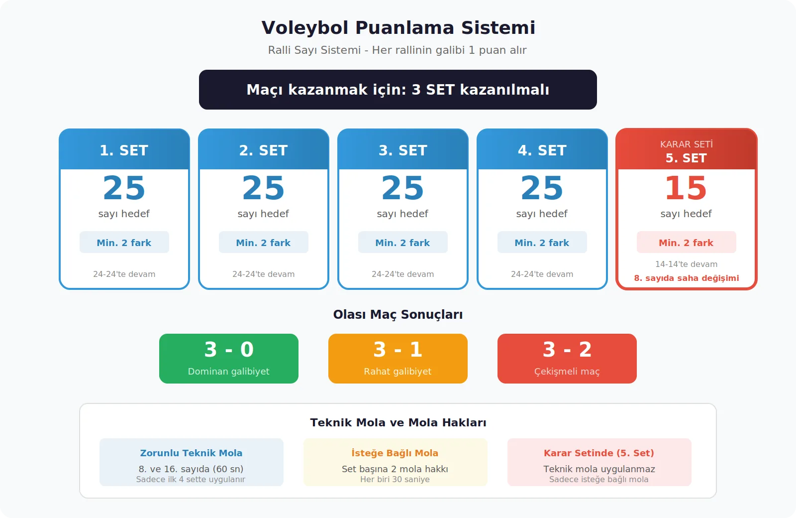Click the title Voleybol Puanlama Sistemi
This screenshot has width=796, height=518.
pos(398,28)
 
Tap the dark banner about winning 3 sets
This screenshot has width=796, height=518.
pos(398,90)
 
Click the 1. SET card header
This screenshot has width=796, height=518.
pos(124,150)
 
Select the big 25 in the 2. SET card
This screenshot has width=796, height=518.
pos(263,188)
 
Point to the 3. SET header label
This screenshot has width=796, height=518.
pos(403,150)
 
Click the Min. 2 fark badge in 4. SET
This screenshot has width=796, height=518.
pos(542,243)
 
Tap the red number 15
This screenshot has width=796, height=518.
pos(686,188)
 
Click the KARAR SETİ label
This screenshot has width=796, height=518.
pos(686,144)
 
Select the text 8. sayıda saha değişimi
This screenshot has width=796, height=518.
pos(686,278)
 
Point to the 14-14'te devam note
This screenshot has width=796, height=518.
pos(686,264)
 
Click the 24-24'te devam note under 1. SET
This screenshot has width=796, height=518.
pos(124,274)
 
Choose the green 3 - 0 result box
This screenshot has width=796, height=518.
pos(229,359)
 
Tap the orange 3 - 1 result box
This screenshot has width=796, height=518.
pos(398,359)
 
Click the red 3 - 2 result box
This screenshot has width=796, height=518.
pos(567,359)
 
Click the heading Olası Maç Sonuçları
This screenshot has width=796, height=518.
pos(398,315)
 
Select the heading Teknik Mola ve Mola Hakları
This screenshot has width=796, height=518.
pos(398,423)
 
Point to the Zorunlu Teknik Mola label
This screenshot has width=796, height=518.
pos(191,453)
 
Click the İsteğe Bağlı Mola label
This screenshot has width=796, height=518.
pos(395,453)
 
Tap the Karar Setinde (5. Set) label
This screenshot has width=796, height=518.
pos(599,453)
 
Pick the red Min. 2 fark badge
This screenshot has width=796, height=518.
pos(686,243)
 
